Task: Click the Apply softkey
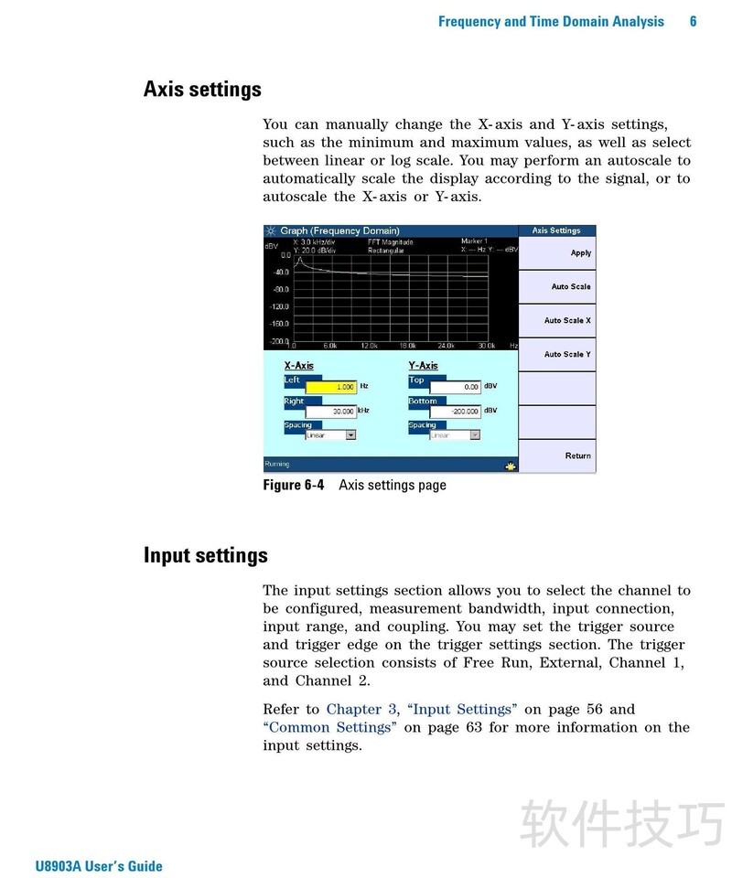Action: pyautogui.click(x=580, y=253)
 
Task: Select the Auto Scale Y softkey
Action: pyautogui.click(x=567, y=354)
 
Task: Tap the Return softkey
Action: pyautogui.click(x=577, y=455)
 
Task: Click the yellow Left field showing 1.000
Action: pyautogui.click(x=330, y=387)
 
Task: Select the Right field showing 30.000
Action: pyautogui.click(x=330, y=412)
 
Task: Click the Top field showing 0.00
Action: pyautogui.click(x=456, y=387)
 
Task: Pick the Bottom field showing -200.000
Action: pyautogui.click(x=456, y=412)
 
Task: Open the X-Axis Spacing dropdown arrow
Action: pyautogui.click(x=350, y=435)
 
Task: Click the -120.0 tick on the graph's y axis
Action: pyautogui.click(x=278, y=306)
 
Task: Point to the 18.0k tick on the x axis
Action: pyautogui.click(x=407, y=346)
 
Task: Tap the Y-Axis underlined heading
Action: pyautogui.click(x=423, y=366)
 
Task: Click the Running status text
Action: pyautogui.click(x=276, y=465)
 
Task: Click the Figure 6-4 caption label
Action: pyautogui.click(x=294, y=486)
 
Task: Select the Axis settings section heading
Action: pyautogui.click(x=202, y=90)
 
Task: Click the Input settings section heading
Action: pyautogui.click(x=206, y=555)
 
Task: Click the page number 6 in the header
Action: pyautogui.click(x=693, y=21)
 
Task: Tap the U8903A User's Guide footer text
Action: pyautogui.click(x=99, y=866)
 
